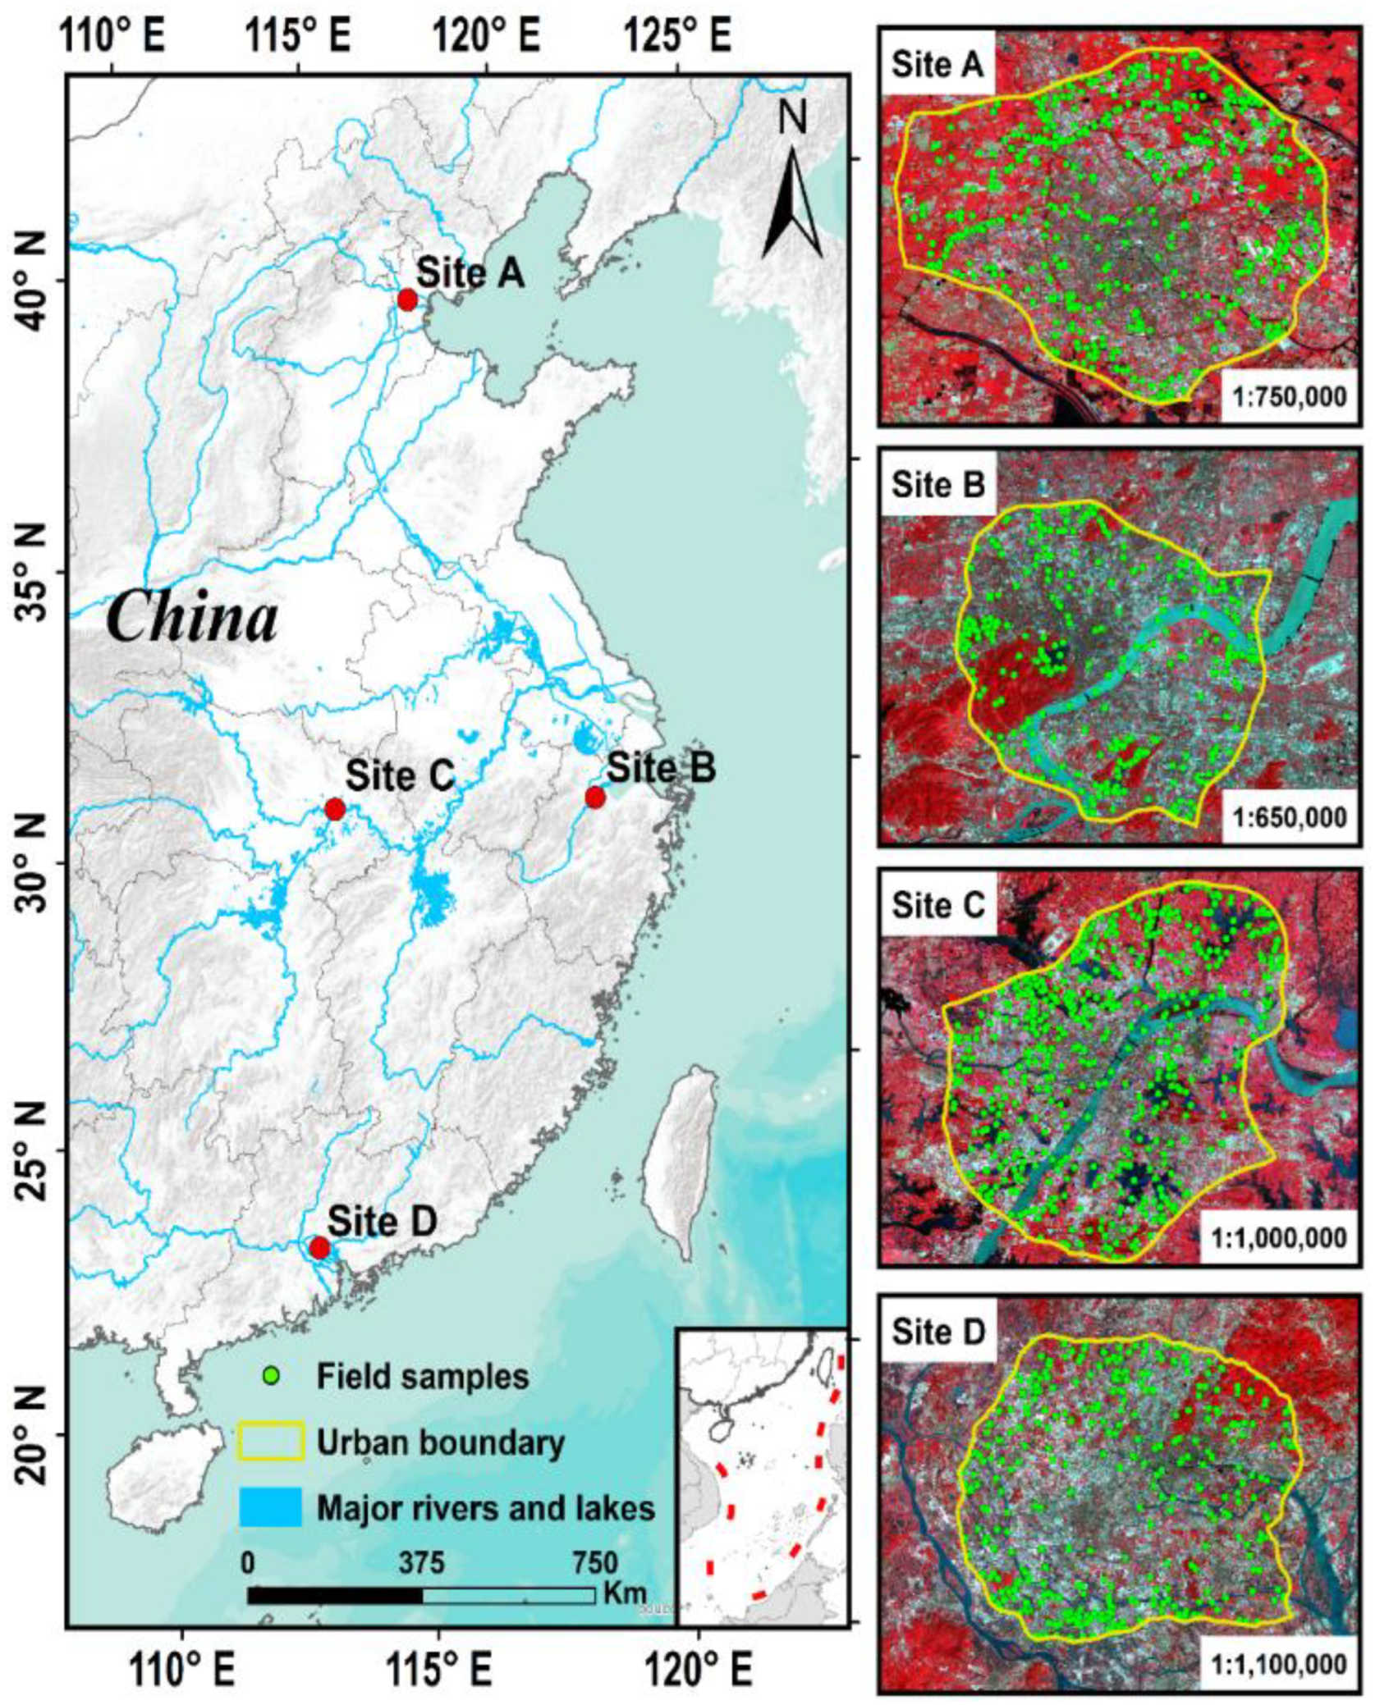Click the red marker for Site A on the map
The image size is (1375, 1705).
(x=407, y=300)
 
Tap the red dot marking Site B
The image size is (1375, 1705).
(x=595, y=797)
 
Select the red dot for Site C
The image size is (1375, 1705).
(x=334, y=809)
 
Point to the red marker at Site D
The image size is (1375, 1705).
(x=319, y=1248)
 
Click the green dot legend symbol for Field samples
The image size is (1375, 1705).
(x=272, y=1374)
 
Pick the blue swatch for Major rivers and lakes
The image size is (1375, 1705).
(x=272, y=1508)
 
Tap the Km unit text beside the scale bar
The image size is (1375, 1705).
(x=624, y=1593)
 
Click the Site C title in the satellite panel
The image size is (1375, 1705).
(x=937, y=905)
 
